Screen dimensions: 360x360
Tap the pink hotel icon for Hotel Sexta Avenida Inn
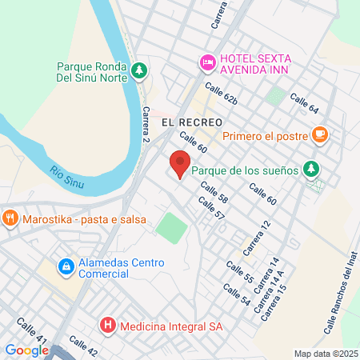point(207,62)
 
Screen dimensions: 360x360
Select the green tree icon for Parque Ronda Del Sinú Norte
point(140,70)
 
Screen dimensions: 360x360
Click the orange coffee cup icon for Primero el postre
point(320,134)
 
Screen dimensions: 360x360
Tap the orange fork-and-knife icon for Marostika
point(10,217)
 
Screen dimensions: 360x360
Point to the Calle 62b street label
point(221,94)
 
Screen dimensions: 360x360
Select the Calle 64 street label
point(304,103)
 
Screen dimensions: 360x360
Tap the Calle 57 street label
point(211,210)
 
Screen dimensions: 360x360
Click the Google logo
point(26,350)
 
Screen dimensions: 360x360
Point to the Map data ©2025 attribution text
point(324,354)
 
